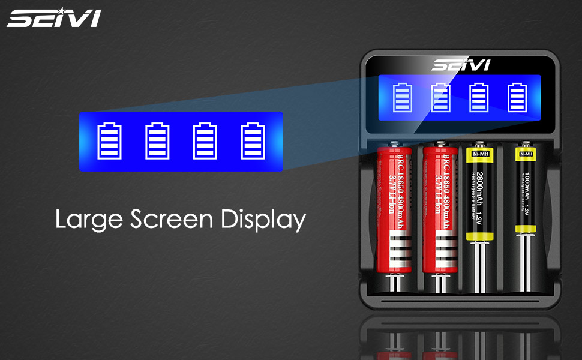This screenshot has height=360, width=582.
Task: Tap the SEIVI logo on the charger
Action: [x=460, y=65]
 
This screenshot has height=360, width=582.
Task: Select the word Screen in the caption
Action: [x=171, y=220]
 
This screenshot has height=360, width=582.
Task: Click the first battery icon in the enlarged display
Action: [x=109, y=142]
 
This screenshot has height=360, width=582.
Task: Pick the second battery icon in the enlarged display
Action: [x=158, y=142]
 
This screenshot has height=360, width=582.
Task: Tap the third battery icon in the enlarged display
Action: [x=205, y=142]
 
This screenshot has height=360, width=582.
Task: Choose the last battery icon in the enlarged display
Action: [x=253, y=142]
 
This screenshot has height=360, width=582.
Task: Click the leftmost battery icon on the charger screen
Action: [x=403, y=98]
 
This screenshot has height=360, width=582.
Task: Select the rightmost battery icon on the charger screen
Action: [x=517, y=98]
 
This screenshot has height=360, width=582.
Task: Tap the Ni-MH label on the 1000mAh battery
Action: [x=526, y=154]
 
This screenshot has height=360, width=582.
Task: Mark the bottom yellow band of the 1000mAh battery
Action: [x=526, y=227]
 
